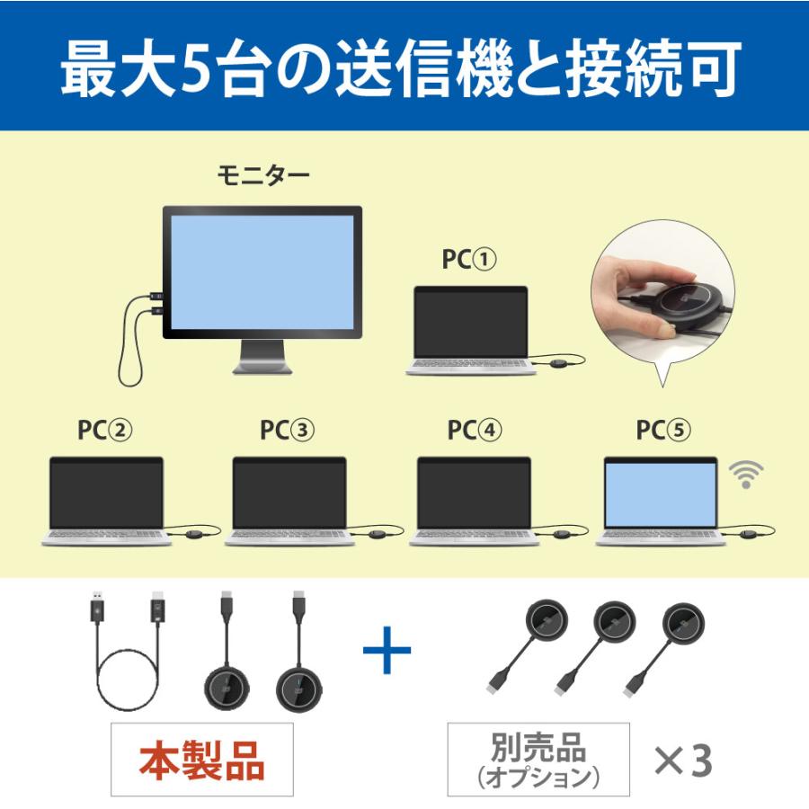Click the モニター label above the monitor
tap(263, 175)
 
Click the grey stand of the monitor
tap(262, 357)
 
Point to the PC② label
tap(104, 430)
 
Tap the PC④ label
tap(475, 430)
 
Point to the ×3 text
tap(682, 761)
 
